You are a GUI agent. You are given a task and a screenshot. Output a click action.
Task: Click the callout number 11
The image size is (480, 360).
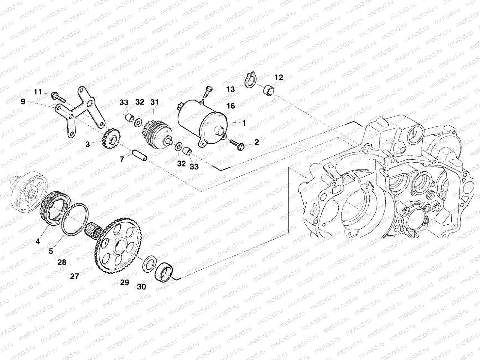[x=38, y=92]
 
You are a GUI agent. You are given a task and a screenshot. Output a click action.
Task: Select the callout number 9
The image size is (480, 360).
[x=23, y=102]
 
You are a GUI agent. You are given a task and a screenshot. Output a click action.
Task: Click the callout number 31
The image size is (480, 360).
[x=154, y=102]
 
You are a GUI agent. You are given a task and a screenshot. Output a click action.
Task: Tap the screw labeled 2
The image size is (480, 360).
[x=237, y=144]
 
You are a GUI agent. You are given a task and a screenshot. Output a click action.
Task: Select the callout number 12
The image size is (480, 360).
[x=279, y=78]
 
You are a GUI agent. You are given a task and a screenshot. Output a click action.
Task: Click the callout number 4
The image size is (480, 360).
[x=38, y=241]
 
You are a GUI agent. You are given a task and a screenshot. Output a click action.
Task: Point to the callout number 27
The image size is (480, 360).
[x=74, y=276]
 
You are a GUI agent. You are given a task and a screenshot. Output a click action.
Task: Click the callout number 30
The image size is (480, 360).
[x=141, y=287]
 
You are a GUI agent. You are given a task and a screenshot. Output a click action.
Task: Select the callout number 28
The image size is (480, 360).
[x=62, y=262]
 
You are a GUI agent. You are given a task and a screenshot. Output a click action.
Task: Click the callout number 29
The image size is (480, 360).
[x=125, y=282]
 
